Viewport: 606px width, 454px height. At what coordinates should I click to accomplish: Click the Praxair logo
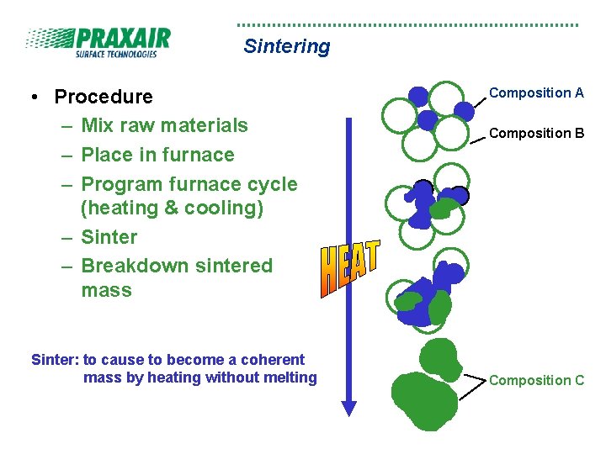[x=98, y=42]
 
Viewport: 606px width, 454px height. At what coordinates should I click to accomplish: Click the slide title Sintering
[x=286, y=46]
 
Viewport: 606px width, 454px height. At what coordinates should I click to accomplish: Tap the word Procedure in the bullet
[x=104, y=97]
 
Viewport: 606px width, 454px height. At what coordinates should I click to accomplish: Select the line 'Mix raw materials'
[x=164, y=125]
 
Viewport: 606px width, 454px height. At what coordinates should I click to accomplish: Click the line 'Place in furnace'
[x=157, y=155]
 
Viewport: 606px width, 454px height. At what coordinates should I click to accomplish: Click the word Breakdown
[x=124, y=266]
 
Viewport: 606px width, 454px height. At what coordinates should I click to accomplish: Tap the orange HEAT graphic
[x=349, y=267]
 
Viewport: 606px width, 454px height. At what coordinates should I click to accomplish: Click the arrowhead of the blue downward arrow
[x=348, y=408]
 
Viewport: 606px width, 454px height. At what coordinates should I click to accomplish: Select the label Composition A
[x=536, y=93]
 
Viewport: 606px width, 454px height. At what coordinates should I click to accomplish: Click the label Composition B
[x=536, y=133]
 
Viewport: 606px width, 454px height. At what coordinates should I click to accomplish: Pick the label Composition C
[x=536, y=380]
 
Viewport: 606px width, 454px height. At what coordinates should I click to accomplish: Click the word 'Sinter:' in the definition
[x=55, y=360]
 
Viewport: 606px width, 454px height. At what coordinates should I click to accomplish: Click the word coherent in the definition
[x=269, y=360]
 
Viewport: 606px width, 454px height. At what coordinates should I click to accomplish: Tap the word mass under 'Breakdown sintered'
[x=107, y=291]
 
